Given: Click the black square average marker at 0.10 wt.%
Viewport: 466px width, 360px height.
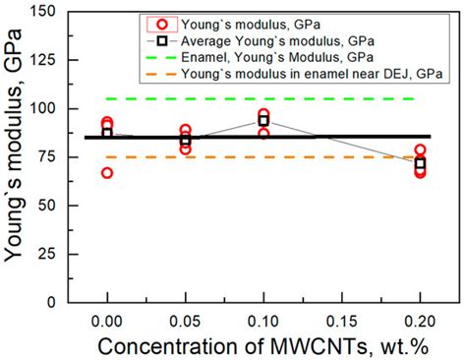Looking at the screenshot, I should tap(263, 119).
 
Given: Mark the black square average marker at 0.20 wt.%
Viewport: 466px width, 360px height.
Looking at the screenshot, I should tap(420, 163).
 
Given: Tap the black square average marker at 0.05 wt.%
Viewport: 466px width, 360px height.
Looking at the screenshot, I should tap(185, 140).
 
